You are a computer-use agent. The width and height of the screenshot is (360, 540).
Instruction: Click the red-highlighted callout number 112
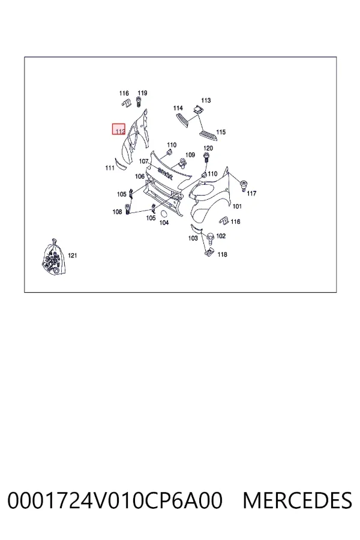click(120, 131)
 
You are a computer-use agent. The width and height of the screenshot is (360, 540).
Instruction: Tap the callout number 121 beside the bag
click(73, 256)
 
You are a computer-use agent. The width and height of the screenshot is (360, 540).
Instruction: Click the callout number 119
click(142, 93)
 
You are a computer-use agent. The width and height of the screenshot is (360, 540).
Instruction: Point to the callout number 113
click(206, 100)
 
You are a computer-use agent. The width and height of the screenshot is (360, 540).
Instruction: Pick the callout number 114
click(178, 108)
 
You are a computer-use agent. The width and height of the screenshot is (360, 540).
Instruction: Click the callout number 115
click(221, 132)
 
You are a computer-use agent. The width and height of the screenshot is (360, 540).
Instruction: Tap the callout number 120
click(208, 148)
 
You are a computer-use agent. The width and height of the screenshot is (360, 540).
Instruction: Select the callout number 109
click(190, 155)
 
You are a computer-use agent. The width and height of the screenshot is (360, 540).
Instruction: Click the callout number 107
click(143, 161)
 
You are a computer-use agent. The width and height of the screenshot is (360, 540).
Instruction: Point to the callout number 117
click(251, 194)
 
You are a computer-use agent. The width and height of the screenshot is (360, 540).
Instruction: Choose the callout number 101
click(237, 206)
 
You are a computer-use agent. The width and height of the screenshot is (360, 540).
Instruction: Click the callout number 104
click(164, 223)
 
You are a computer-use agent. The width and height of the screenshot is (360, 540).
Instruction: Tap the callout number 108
click(117, 212)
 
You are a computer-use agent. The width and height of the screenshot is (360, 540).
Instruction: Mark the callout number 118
click(222, 254)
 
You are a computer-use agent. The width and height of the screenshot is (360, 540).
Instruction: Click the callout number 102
click(221, 236)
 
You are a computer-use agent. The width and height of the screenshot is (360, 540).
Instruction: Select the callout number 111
click(110, 168)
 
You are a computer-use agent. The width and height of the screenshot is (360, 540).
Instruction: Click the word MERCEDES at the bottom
click(298, 501)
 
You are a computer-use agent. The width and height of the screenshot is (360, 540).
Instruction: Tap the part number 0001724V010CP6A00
click(115, 501)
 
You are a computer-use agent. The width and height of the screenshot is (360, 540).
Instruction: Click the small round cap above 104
click(164, 213)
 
